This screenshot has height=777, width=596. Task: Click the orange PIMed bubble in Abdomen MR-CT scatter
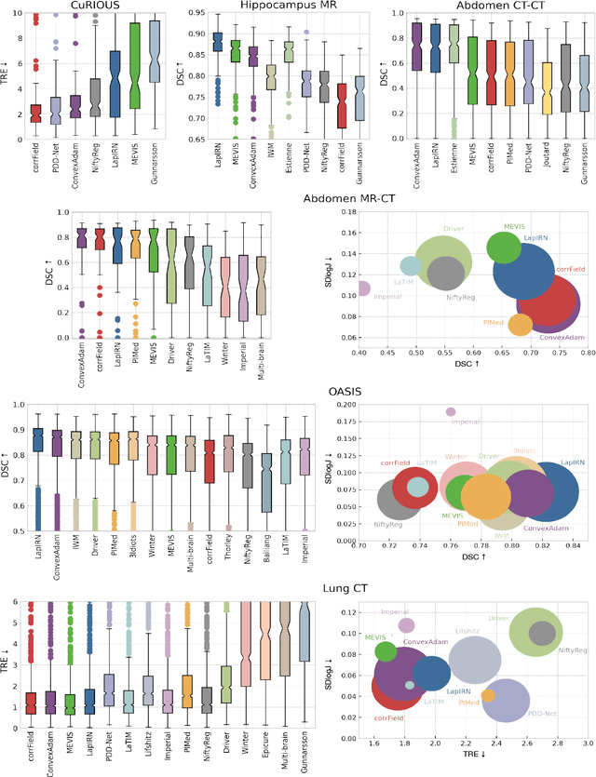[x=520, y=325]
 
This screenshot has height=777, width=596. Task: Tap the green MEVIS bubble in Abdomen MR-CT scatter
[x=505, y=248]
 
